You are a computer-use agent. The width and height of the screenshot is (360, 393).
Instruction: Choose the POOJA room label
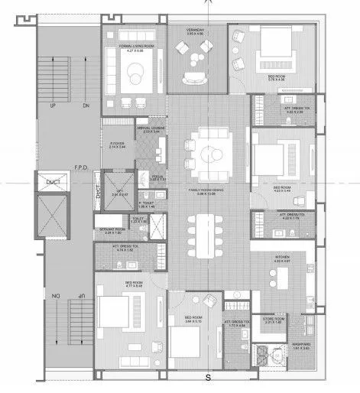click(x=158, y=177)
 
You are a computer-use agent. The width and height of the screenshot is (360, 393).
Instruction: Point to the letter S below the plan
click(x=207, y=378)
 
